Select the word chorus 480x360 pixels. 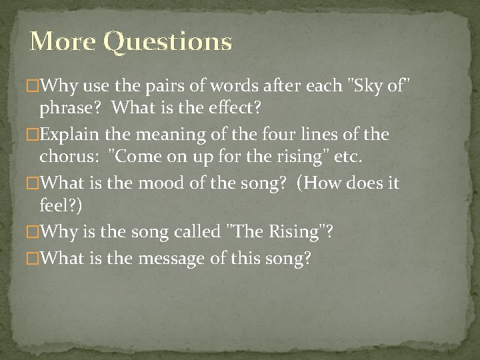(x=69, y=157)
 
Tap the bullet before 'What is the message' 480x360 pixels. (x=35, y=258)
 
